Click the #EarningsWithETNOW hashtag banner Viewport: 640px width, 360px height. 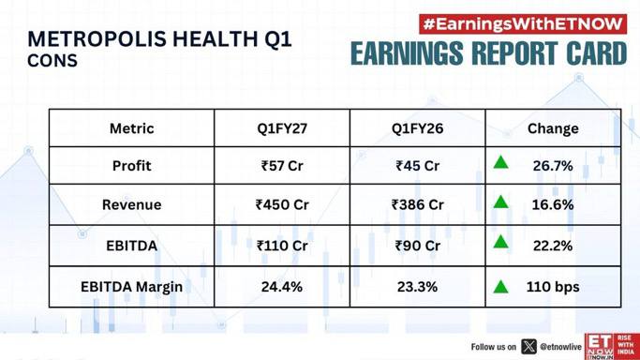[523, 24]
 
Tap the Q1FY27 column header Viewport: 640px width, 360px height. [282, 128]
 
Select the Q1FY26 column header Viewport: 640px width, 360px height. [417, 128]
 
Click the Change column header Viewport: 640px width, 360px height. [553, 128]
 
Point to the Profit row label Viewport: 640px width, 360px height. [131, 166]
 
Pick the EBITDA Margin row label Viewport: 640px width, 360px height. [131, 287]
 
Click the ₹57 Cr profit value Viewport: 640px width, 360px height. [282, 166]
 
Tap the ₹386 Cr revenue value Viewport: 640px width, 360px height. [417, 204]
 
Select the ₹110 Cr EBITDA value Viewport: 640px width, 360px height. [282, 246]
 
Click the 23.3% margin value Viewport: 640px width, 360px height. [417, 287]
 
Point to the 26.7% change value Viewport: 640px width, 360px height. [553, 166]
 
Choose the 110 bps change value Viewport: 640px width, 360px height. [553, 287]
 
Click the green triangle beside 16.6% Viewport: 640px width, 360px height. [500, 202]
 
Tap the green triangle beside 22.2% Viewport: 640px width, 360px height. [500, 243]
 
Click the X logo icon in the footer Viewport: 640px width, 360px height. [528, 347]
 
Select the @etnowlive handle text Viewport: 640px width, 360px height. [560, 347]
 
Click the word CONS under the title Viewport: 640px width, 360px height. [52, 61]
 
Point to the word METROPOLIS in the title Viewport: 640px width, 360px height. [97, 39]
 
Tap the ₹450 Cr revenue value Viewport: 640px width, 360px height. [282, 204]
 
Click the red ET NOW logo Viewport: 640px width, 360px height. [612, 347]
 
